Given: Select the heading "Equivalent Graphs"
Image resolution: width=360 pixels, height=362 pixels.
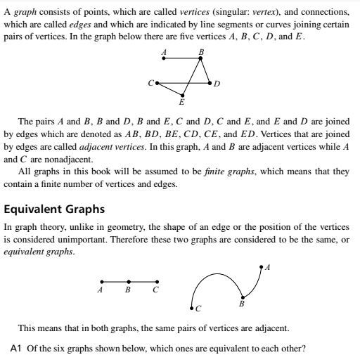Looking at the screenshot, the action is pos(55,209).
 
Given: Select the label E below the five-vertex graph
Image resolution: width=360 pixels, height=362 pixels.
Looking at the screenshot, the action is pos(182,102).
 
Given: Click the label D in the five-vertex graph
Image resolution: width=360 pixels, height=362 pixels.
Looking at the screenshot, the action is pos(217,84).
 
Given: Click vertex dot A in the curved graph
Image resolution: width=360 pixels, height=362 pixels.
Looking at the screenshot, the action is pos(261,267).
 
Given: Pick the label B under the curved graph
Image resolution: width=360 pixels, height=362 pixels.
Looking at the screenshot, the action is pos(242,304).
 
